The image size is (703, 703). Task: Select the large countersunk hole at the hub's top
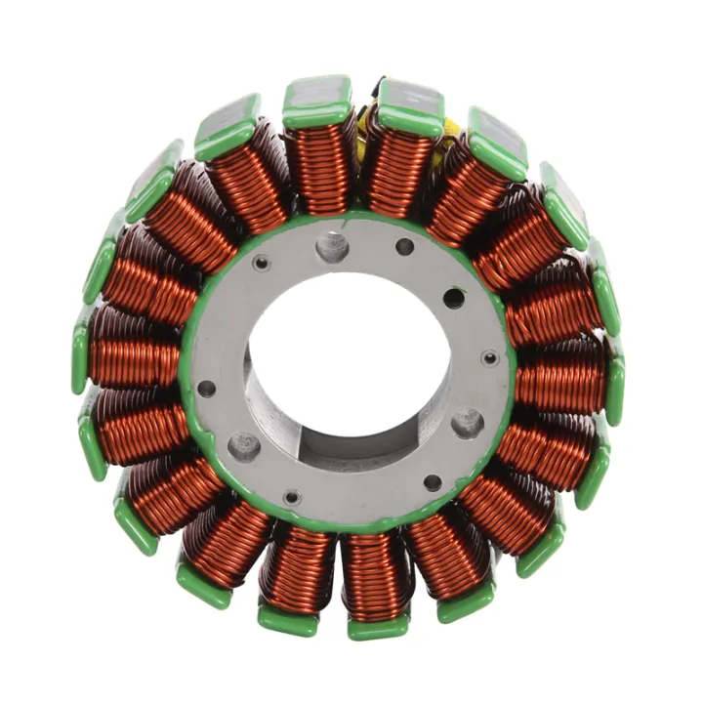[x=332, y=245]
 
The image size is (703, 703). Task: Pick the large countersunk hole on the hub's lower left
[x=243, y=445]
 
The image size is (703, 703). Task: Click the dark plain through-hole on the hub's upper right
[x=454, y=297]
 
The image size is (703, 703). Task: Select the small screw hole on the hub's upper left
[x=262, y=263]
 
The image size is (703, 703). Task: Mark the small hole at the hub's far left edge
[x=206, y=388]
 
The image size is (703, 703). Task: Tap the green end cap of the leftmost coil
[x=80, y=357]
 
